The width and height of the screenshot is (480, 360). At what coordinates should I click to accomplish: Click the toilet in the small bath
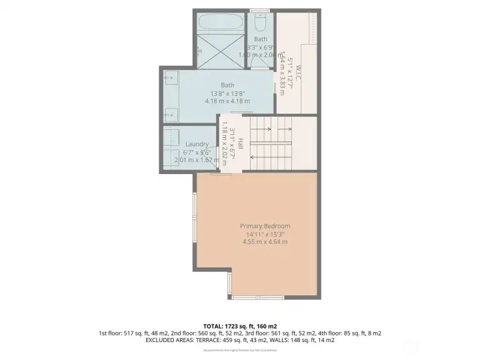click(x=260, y=23)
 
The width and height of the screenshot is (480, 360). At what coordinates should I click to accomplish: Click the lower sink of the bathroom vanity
click(x=170, y=112)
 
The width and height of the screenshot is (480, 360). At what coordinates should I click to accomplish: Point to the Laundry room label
click(x=197, y=144)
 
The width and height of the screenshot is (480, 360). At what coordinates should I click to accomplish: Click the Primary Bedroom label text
click(x=265, y=226)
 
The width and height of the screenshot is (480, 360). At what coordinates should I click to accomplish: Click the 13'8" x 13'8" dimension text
click(x=227, y=93)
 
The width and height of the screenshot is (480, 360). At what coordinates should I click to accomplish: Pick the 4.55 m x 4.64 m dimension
click(x=265, y=242)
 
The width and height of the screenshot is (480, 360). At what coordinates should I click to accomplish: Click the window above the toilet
click(x=260, y=10)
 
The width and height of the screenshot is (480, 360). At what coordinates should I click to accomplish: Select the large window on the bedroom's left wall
click(x=194, y=227)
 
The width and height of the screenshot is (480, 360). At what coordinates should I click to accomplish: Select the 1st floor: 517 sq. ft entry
click(x=127, y=333)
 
